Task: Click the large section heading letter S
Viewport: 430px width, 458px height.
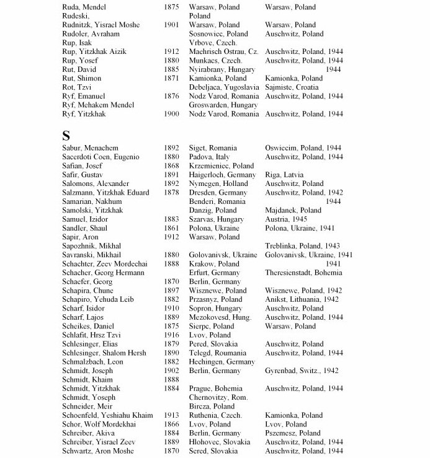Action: click(x=66, y=136)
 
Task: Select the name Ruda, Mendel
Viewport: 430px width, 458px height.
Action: click(x=84, y=7)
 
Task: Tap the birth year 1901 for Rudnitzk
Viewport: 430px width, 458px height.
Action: click(x=173, y=25)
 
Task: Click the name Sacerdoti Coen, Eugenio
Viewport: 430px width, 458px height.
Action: click(x=102, y=157)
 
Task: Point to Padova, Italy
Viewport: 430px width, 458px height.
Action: click(x=210, y=157)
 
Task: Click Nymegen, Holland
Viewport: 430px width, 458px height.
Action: click(x=218, y=184)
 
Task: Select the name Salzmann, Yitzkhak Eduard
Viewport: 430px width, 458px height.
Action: click(x=106, y=193)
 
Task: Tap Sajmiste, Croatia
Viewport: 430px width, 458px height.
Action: click(x=289, y=87)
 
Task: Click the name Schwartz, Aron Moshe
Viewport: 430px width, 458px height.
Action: click(x=98, y=451)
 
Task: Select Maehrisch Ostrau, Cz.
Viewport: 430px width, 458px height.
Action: click(x=223, y=52)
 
